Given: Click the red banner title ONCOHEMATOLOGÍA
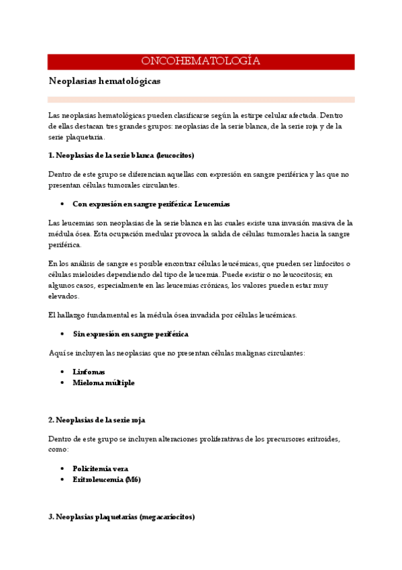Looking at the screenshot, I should (201, 62).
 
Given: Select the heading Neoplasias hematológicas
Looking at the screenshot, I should (104, 81).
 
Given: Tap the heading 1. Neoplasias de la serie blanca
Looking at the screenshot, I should (121, 155).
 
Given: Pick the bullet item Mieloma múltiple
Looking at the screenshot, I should (103, 382).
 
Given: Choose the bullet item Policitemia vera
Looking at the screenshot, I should (100, 469).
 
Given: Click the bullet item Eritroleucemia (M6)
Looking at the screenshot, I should (107, 479).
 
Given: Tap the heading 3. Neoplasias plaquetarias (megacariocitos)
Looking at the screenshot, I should (121, 517).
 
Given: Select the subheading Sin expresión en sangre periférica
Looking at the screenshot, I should (130, 333).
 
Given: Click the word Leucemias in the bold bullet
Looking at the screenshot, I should (212, 204).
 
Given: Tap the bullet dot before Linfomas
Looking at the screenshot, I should (62, 372).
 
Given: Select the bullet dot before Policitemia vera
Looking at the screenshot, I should (62, 469).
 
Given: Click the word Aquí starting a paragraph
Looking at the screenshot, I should (56, 353).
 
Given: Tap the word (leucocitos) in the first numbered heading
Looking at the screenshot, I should (174, 155).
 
